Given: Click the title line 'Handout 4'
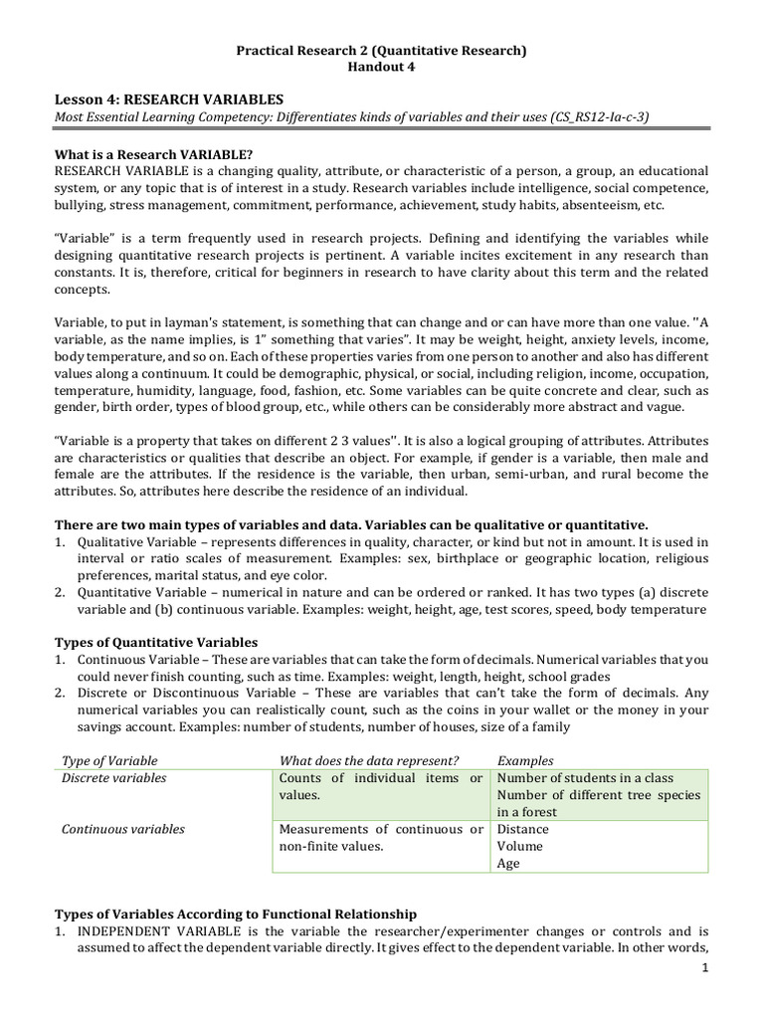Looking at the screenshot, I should click(x=381, y=67).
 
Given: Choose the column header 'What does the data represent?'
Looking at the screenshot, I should click(x=369, y=760).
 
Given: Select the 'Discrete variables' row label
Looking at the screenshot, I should click(x=113, y=778).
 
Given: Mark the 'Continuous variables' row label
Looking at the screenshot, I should click(x=122, y=829).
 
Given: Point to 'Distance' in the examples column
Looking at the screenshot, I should click(x=522, y=829).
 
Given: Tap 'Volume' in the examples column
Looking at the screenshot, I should click(x=519, y=846).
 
